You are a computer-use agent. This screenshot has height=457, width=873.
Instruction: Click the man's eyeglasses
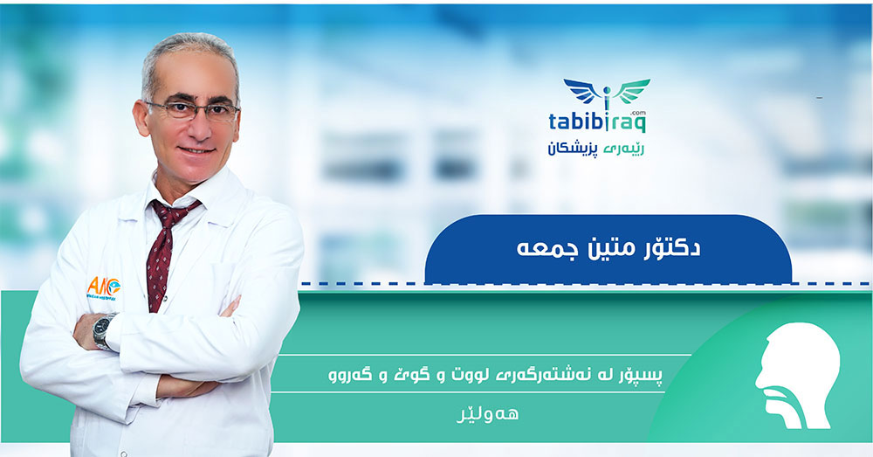tap(192, 110)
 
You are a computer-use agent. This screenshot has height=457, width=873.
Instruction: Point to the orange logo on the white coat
tap(103, 287)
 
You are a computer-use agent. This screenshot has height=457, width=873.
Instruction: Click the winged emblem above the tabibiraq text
tap(607, 93)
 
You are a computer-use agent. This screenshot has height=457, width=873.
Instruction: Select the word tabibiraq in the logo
tap(606, 122)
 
